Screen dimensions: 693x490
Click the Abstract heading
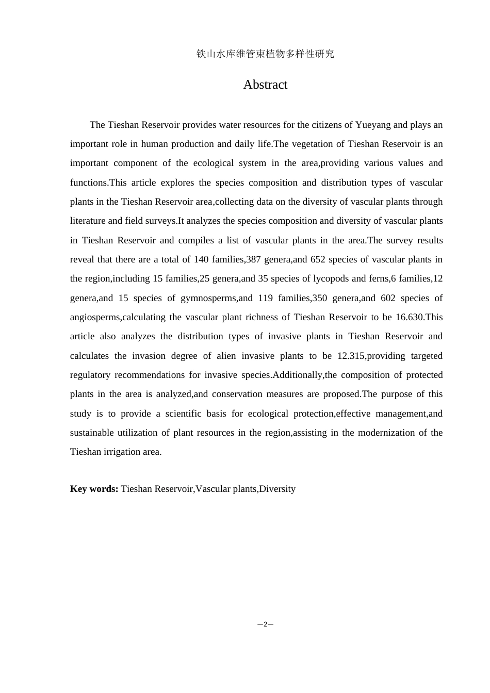[265, 85]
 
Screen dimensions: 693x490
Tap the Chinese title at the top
[265, 54]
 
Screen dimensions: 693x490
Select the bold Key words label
[94, 489]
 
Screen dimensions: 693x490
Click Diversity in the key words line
[277, 489]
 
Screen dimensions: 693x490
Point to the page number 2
[265, 624]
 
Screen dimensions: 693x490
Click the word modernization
[381, 433]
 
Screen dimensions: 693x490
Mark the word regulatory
[89, 375]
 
